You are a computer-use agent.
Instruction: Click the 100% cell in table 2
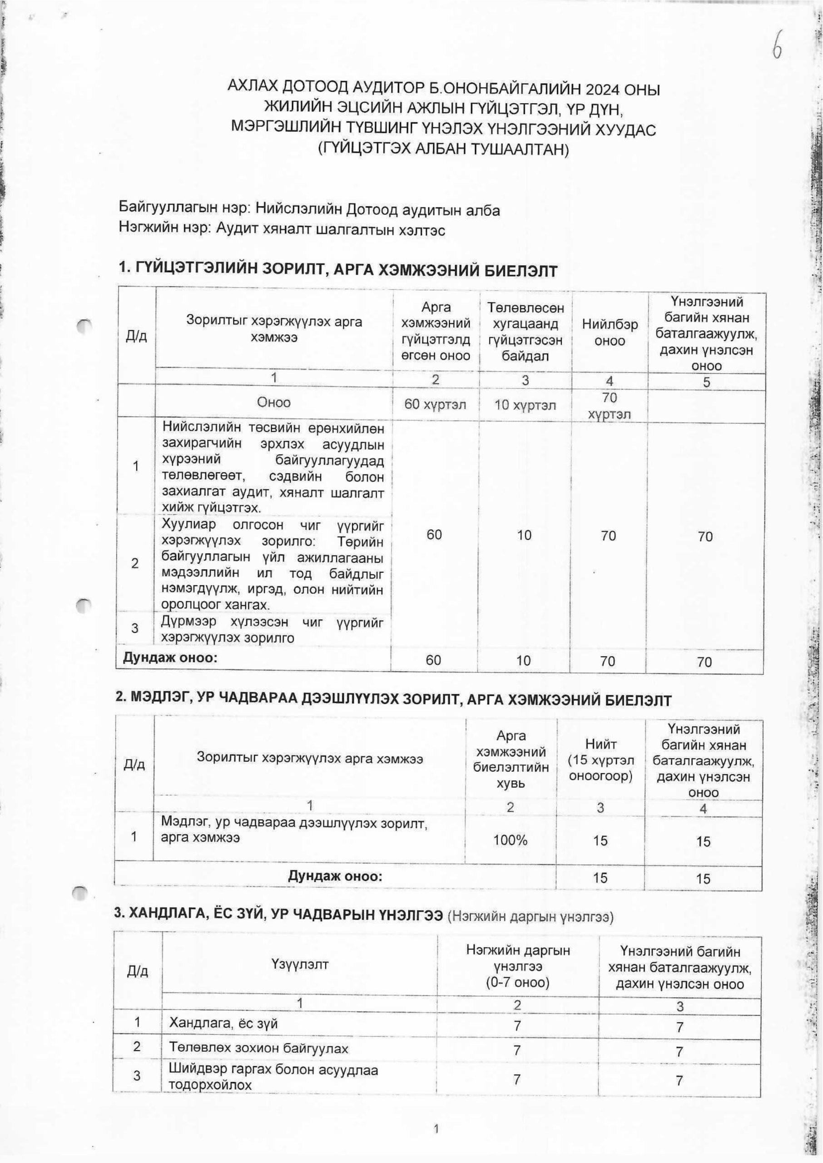coord(511,840)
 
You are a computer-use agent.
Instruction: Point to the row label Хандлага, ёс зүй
coord(223,1023)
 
